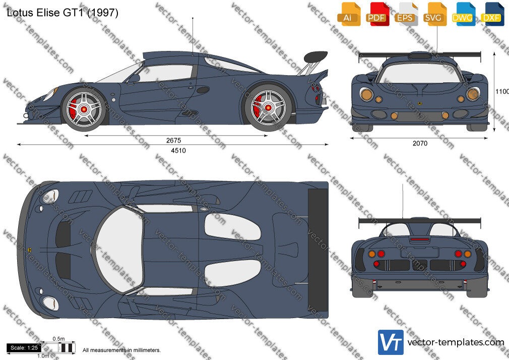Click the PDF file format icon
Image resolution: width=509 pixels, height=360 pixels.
click(x=376, y=14)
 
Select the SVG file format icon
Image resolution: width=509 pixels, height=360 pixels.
click(x=433, y=14)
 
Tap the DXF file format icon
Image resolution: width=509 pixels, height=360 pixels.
click(x=491, y=14)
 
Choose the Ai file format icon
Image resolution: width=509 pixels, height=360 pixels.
click(x=348, y=14)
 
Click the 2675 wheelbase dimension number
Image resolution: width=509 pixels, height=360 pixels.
click(x=174, y=140)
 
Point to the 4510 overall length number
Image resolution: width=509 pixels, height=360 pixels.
click(x=178, y=150)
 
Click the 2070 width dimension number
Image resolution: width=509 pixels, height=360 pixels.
click(x=420, y=143)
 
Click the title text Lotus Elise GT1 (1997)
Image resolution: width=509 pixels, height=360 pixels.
click(x=62, y=13)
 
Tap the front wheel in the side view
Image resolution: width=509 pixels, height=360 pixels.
click(x=84, y=109)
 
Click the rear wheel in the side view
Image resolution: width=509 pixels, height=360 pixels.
click(x=268, y=107)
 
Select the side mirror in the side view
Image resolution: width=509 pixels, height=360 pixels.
click(x=134, y=79)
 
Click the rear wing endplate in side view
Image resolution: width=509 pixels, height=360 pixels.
click(x=315, y=56)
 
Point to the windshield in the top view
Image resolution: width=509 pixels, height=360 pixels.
click(x=118, y=249)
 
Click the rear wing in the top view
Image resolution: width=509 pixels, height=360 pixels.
click(x=317, y=250)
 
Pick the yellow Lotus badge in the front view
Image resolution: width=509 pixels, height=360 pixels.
click(x=419, y=104)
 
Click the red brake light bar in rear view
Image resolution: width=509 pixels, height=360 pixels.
click(x=419, y=239)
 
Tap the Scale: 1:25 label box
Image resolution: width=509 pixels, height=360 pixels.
click(x=24, y=348)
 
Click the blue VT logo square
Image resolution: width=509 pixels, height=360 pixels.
click(x=391, y=342)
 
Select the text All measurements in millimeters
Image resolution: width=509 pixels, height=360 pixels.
click(x=121, y=350)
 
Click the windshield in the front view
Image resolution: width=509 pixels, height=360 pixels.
click(x=419, y=73)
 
